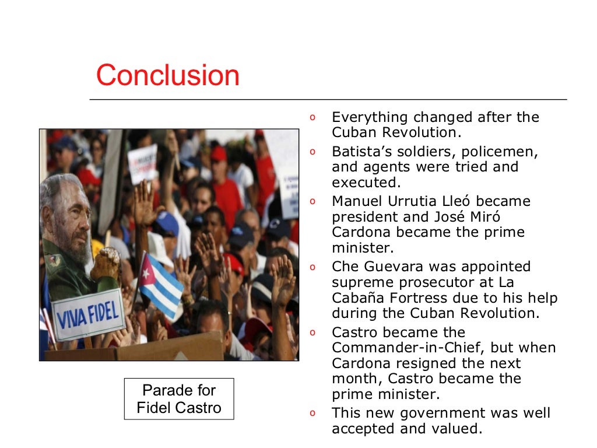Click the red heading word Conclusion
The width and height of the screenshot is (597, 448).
click(x=168, y=75)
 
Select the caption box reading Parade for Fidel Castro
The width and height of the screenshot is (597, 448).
click(x=179, y=399)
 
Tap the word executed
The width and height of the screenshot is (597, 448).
click(x=362, y=182)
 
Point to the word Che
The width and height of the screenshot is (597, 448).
click(x=345, y=267)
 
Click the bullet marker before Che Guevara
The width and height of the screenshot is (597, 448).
click(x=312, y=267)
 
